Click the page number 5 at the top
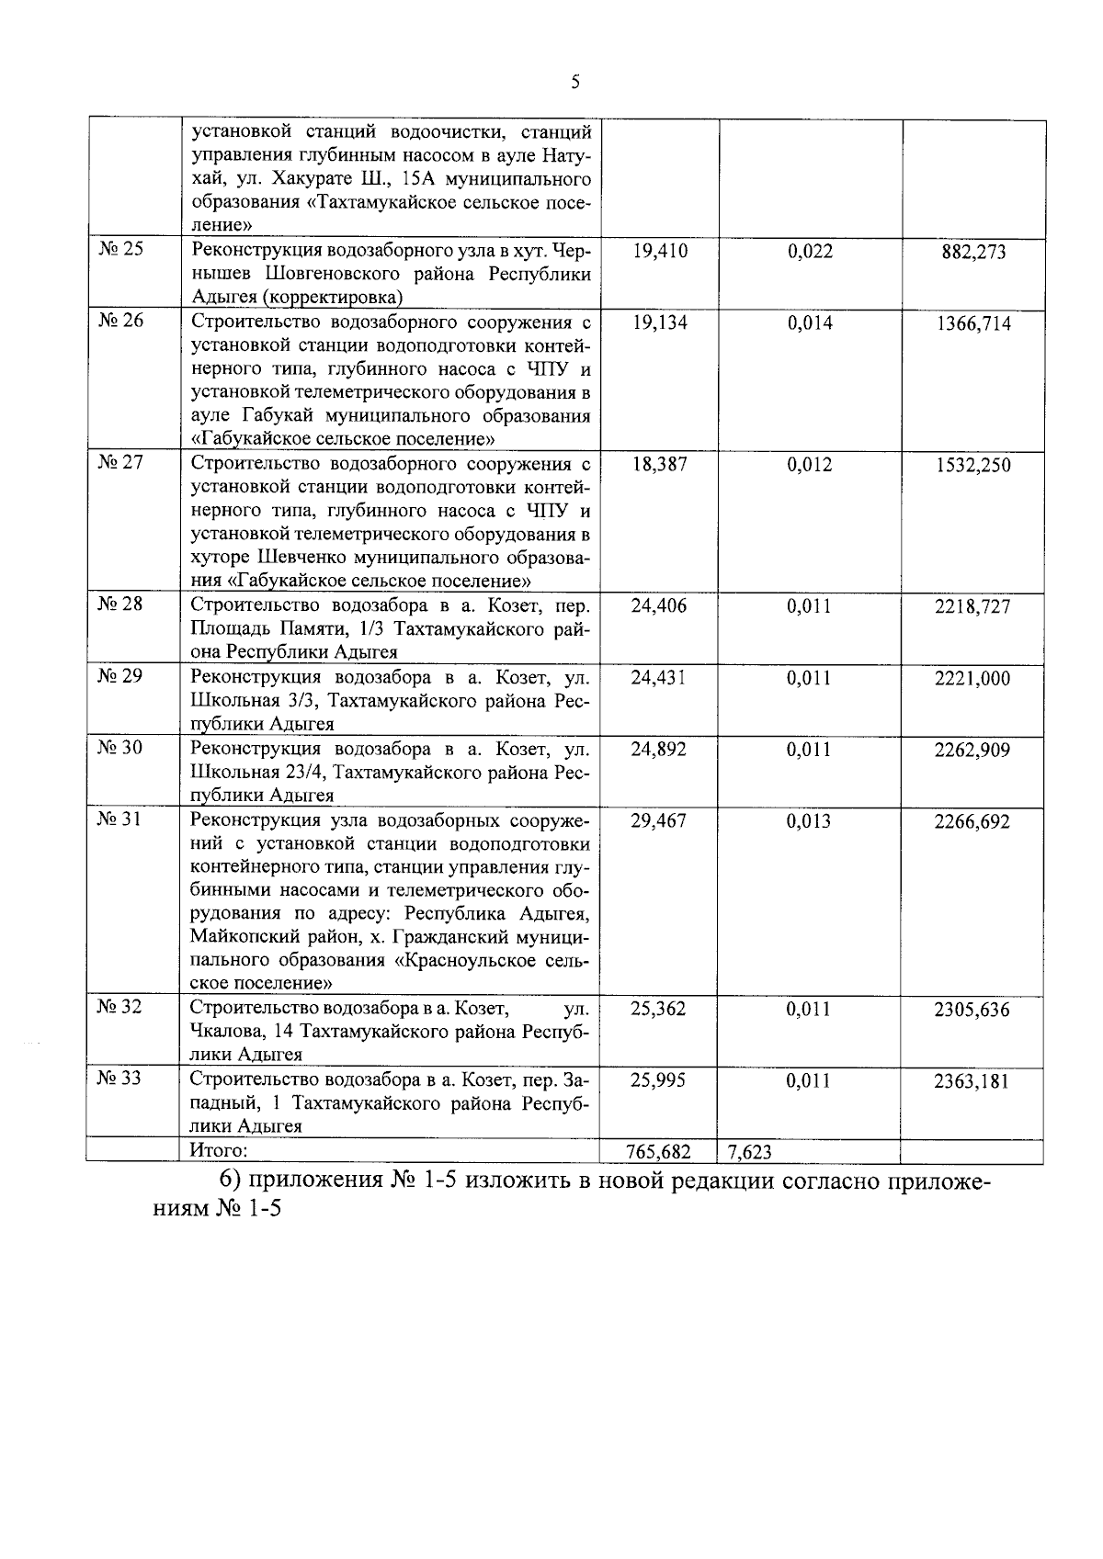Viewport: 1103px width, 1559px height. tap(575, 83)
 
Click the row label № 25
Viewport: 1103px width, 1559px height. tap(120, 250)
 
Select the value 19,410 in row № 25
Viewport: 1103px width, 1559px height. tap(660, 252)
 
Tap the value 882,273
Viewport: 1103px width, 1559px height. tap(973, 253)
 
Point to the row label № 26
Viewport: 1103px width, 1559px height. tap(120, 321)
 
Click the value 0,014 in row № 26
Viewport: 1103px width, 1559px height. tap(810, 322)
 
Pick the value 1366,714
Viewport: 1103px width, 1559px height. tap(973, 323)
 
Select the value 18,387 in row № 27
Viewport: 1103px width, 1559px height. tap(660, 465)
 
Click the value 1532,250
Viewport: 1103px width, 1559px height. tap(973, 466)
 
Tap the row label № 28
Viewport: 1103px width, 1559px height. tap(120, 604)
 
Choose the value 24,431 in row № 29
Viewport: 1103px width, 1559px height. tap(660, 678)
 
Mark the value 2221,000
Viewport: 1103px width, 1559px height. tap(973, 679)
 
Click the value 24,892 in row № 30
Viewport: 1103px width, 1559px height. tap(660, 750)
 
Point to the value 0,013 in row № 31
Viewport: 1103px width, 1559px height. tap(809, 821)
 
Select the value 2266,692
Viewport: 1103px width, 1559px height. tap(972, 822)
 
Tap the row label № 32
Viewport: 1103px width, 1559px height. tap(120, 1008)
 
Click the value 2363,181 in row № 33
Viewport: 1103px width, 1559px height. tap(972, 1081)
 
